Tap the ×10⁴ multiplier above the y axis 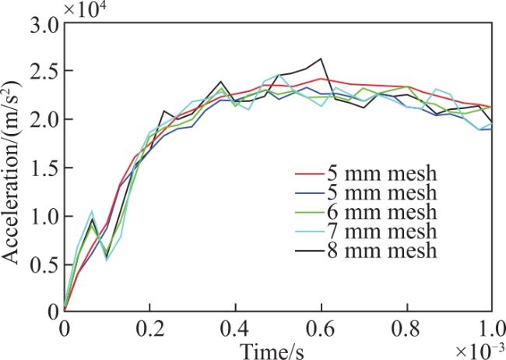85,9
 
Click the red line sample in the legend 309,174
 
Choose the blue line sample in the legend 309,193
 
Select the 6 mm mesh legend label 381,212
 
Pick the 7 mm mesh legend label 381,231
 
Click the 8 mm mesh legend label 381,250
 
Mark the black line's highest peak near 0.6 321,58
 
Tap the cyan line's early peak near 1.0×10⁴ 92,212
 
